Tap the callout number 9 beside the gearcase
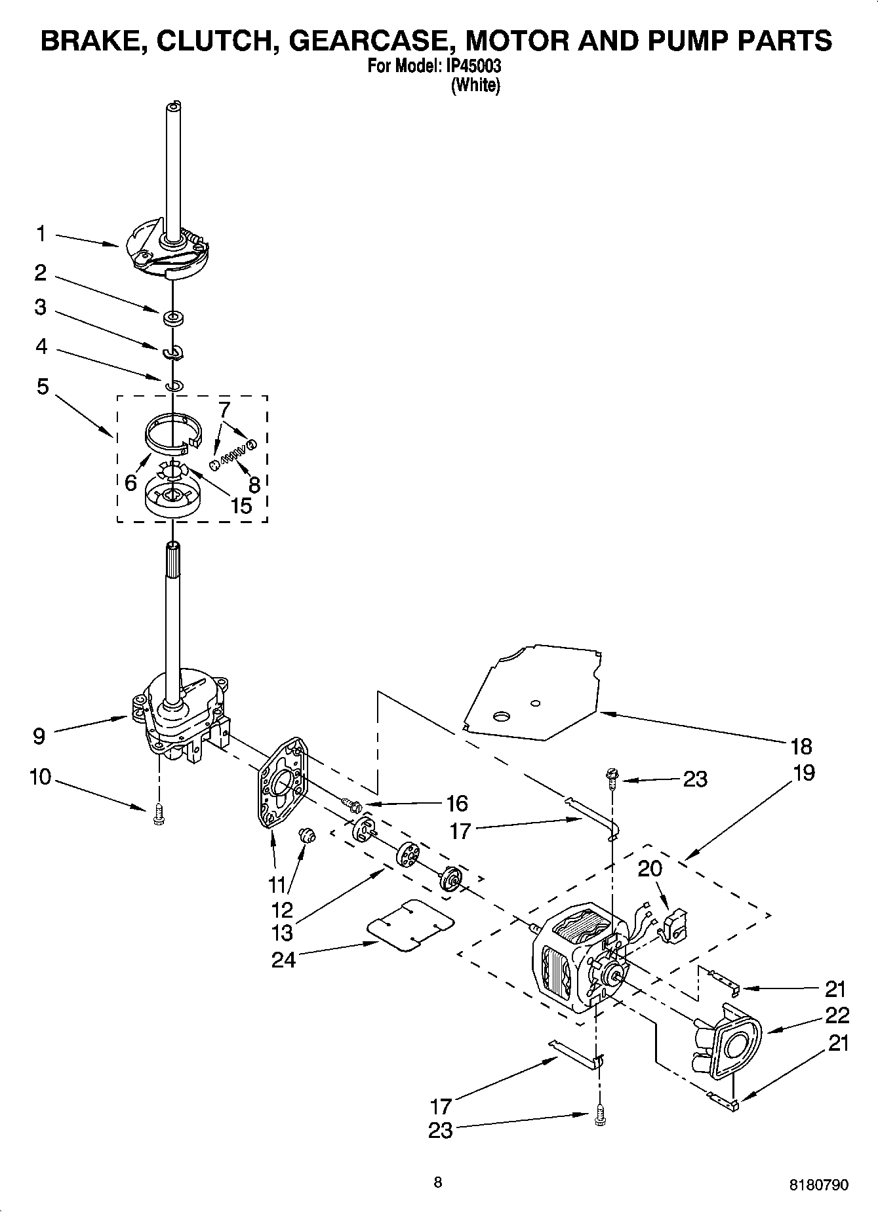(x=39, y=736)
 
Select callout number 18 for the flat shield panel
(x=801, y=746)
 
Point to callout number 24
(x=283, y=959)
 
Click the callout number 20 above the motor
(x=650, y=869)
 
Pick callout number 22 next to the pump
(x=837, y=1015)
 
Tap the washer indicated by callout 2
(x=174, y=319)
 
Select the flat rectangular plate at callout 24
(x=411, y=925)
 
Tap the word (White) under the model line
(x=475, y=85)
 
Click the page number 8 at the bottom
(x=438, y=1182)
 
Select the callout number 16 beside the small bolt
(x=456, y=803)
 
